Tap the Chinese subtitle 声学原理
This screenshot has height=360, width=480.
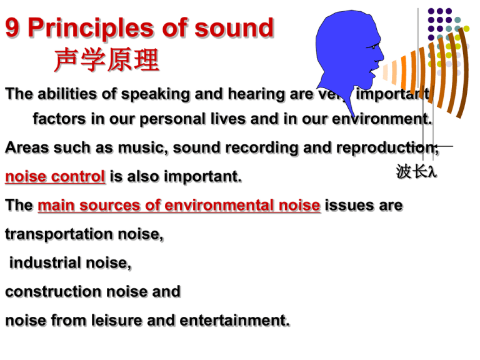coord(106,61)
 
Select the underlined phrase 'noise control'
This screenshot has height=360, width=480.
coord(55,177)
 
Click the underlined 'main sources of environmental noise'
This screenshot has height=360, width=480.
coord(179,206)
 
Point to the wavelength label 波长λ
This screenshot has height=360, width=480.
coord(416,171)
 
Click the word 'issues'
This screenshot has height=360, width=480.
coord(349,206)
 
